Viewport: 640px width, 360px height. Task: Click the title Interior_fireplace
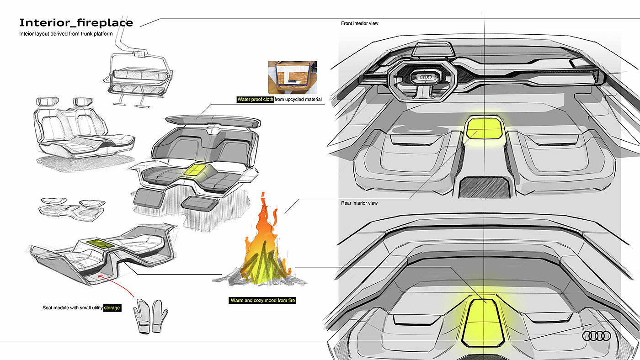coord(76,22)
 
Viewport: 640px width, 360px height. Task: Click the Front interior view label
coord(359,23)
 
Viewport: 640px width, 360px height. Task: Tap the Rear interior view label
coord(359,203)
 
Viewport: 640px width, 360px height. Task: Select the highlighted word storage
coord(112,308)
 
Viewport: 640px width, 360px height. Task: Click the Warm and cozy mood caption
coord(262,300)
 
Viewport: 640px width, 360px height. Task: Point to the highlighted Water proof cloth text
coord(255,99)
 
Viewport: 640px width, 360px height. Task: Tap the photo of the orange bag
coord(292,77)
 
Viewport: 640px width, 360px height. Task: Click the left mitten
coord(143,316)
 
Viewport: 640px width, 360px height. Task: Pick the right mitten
coord(160,316)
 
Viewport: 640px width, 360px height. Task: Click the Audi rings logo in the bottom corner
coord(597,336)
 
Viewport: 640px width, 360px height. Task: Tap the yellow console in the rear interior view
coord(483,323)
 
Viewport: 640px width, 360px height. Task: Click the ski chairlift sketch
coord(137,69)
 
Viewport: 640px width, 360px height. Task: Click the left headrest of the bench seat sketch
coord(47,101)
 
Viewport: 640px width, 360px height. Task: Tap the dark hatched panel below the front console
coord(485,187)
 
